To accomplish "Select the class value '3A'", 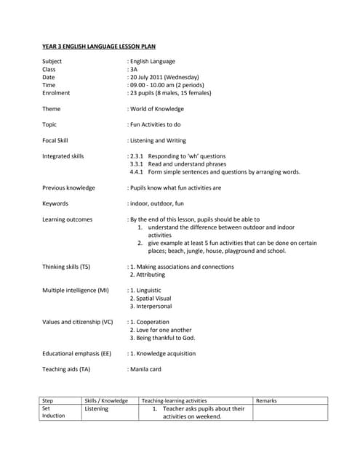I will click(x=134, y=69).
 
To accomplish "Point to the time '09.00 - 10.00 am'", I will click(x=153, y=85).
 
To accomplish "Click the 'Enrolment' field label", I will click(x=56, y=93).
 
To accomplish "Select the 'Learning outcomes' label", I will click(x=67, y=219).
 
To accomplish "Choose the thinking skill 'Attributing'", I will click(x=150, y=275).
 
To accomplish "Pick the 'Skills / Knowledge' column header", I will click(x=106, y=400).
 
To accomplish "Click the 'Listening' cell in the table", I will click(x=96, y=409).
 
